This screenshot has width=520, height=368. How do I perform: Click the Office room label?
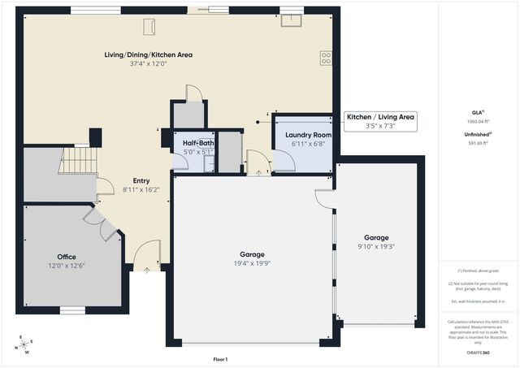coord(67,256)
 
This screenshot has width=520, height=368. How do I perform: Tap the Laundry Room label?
coord(308,134)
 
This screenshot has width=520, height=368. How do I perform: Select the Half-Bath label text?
coord(198,142)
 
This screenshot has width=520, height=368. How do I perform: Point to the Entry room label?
coord(141,180)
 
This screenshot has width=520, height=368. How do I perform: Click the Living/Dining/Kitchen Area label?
coord(148,54)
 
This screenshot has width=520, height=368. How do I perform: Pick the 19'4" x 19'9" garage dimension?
coord(251,263)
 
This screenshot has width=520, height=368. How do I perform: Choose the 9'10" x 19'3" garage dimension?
coord(376,246)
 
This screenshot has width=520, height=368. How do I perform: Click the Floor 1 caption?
coord(220,359)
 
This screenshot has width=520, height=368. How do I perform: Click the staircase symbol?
coord(79,159)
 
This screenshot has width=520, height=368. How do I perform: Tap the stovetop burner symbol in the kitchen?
coord(326,58)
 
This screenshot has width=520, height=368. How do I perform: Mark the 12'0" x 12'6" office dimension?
coord(67,265)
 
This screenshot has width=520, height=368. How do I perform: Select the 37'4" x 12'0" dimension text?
coord(148,64)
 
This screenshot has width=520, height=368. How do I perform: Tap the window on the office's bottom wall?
coord(72,310)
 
